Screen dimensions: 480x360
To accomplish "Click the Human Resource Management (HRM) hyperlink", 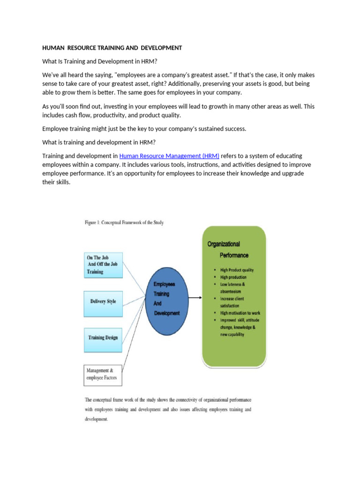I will [169, 156].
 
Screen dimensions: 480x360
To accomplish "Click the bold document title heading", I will [112, 48].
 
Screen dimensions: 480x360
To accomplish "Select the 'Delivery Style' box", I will [103, 301].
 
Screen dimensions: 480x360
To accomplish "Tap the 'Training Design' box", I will [103, 337].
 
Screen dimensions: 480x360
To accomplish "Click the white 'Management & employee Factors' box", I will [103, 375].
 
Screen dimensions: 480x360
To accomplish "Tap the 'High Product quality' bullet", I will [237, 270].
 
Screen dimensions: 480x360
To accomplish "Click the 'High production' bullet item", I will [233, 277].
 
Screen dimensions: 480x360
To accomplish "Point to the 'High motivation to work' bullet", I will [240, 313].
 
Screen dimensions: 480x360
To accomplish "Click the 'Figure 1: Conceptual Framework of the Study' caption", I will [124, 223].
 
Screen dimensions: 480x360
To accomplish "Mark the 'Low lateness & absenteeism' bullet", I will [232, 287].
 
